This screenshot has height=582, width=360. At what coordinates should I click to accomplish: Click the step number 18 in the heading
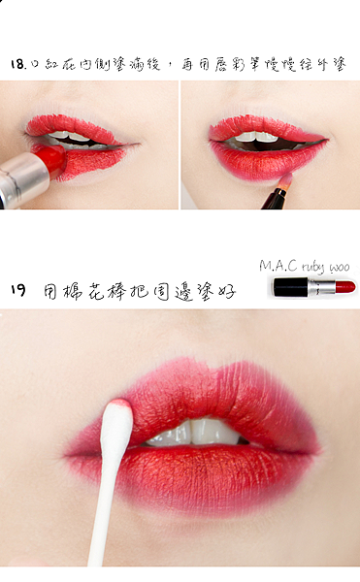[17, 64]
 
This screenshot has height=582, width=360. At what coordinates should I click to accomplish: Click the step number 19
[18, 289]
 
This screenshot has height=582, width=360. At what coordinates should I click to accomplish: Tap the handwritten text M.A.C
[278, 266]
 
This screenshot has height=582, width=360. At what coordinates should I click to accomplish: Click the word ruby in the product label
[312, 268]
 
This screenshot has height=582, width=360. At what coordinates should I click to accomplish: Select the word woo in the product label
[340, 268]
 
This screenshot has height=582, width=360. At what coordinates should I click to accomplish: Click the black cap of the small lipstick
[290, 287]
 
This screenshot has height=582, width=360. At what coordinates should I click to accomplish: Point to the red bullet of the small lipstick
[345, 286]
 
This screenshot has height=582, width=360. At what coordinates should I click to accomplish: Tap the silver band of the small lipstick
[321, 287]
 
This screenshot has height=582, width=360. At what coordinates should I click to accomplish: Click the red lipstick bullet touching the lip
[53, 160]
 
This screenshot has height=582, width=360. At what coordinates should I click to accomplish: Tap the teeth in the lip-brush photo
[256, 138]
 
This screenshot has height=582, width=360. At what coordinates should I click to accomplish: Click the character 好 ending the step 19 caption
[227, 291]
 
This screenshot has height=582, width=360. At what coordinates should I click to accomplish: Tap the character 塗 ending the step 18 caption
[340, 64]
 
